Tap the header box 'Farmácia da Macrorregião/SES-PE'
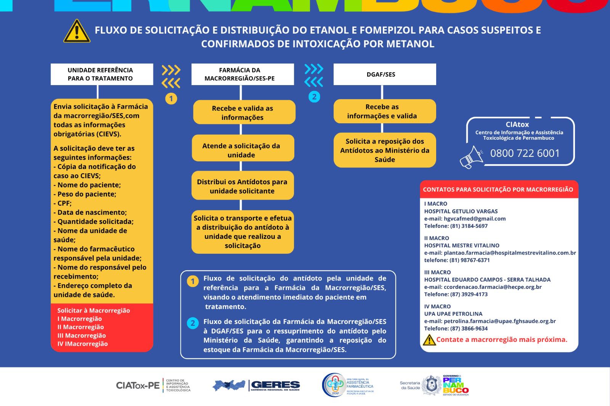(x=242, y=74)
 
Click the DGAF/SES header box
(x=384, y=74)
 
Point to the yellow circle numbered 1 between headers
(x=171, y=98)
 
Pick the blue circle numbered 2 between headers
(x=314, y=97)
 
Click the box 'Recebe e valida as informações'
(x=244, y=113)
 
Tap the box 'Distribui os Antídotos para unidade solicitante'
(x=242, y=186)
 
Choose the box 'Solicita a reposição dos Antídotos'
(x=384, y=150)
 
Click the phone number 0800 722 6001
(x=525, y=153)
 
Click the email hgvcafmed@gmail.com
(x=475, y=219)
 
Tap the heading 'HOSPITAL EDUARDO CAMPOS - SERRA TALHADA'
(x=487, y=280)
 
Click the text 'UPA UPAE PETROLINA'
(x=453, y=314)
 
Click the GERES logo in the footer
(x=256, y=385)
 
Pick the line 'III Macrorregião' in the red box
(x=82, y=336)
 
